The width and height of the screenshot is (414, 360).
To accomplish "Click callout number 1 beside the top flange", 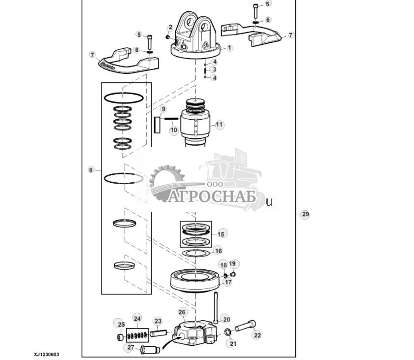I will point(229,48).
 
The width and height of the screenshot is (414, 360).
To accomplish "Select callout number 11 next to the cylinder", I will point(219,125).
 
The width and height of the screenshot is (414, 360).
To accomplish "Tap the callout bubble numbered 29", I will point(305,214).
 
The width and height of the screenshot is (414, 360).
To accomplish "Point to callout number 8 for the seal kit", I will point(91,170).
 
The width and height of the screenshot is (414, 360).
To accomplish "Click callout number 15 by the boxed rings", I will point(221,234).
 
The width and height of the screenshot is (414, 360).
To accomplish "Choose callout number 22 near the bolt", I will point(256,335).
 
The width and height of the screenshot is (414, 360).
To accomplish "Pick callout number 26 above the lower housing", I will point(182,312).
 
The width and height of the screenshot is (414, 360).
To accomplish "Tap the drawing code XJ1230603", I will point(50,354).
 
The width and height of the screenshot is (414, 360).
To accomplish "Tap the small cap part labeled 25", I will point(119,337).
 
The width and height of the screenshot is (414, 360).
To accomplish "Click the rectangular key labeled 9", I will point(157,124).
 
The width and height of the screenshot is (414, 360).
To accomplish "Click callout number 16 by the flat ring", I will point(218,251).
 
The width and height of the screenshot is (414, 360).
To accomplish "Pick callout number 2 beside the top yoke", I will point(170,28).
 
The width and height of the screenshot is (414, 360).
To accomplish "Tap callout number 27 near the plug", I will point(130,347).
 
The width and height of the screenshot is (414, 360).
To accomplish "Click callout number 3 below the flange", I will point(214,69).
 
